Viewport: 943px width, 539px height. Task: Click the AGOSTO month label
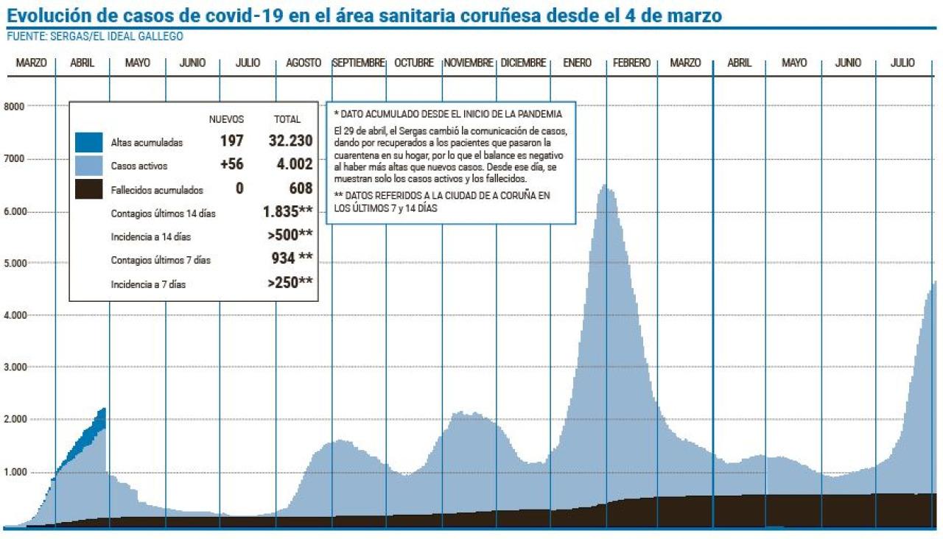tap(304, 63)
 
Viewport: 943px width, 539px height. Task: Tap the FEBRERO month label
tap(631, 63)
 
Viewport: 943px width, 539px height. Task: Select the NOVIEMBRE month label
tap(469, 63)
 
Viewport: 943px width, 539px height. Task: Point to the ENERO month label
tap(577, 63)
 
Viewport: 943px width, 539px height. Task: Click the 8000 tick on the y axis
tap(15, 106)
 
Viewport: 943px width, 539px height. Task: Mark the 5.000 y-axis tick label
tap(15, 263)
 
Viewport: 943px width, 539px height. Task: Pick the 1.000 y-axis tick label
tap(15, 472)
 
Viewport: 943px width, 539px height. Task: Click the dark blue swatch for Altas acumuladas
tap(88, 142)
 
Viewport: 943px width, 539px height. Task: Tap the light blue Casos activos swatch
tap(88, 166)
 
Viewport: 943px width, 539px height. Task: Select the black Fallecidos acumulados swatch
tap(88, 189)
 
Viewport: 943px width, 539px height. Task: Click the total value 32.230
tap(290, 141)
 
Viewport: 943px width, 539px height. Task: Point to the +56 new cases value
tap(231, 164)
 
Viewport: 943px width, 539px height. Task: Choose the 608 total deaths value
tap(301, 189)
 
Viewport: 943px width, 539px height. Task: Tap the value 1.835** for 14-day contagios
tap(287, 212)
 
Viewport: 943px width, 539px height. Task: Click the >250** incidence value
tap(290, 282)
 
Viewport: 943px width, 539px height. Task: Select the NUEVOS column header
tap(226, 119)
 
